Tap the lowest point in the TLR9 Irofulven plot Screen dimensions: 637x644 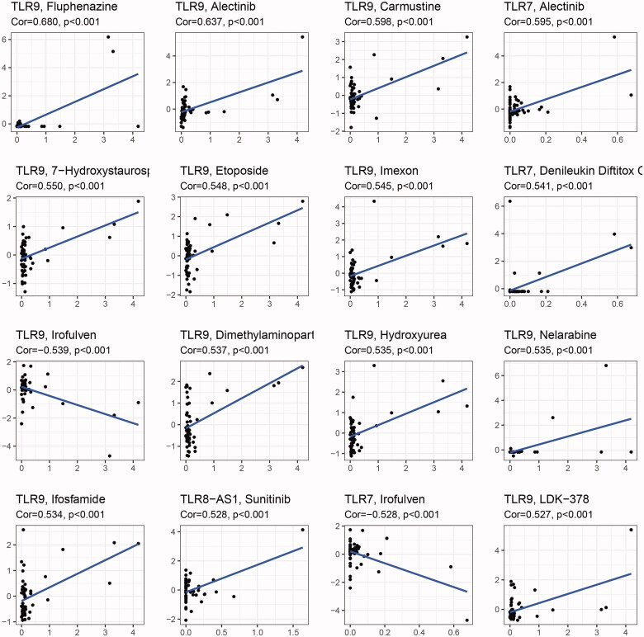coord(109,455)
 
